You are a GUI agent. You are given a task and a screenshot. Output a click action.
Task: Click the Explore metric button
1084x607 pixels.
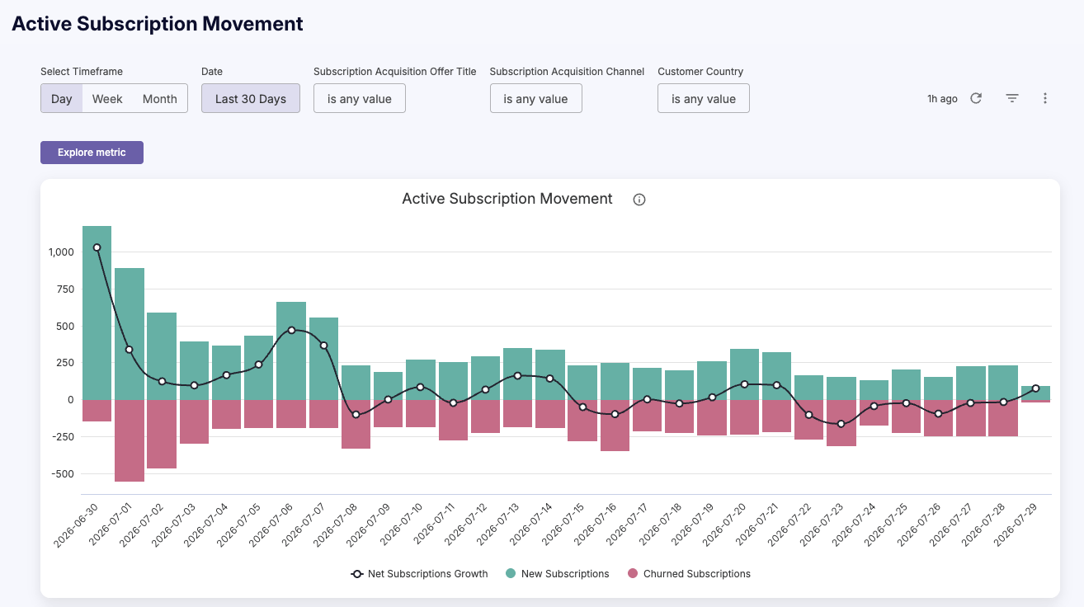tap(92, 153)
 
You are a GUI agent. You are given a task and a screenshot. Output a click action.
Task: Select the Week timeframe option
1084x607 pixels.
tap(107, 99)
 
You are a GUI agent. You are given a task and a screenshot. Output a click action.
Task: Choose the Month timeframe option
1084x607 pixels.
tap(160, 99)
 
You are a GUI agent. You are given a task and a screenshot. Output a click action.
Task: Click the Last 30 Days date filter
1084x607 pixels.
tap(251, 99)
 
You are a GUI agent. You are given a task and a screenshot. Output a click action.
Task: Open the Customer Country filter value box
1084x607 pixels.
tap(703, 99)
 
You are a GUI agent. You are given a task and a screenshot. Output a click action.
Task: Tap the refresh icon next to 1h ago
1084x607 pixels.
tap(976, 98)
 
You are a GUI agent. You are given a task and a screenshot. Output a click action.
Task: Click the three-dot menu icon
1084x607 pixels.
tap(1044, 98)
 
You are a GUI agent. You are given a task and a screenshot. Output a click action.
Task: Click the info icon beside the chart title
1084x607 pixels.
tap(639, 200)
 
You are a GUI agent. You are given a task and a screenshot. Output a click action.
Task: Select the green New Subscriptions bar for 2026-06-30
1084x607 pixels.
tap(97, 313)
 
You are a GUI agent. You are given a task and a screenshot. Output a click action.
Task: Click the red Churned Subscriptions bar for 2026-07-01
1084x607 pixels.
tap(130, 440)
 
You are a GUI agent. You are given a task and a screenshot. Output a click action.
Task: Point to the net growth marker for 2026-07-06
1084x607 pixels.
tap(291, 331)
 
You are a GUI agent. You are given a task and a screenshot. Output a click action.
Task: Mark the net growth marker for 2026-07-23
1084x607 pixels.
tap(841, 424)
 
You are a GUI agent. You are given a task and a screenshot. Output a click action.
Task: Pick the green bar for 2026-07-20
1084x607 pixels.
tap(744, 374)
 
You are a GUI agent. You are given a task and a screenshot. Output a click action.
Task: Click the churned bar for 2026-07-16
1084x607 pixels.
tap(615, 425)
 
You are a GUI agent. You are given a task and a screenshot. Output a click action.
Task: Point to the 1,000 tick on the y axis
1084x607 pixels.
tap(61, 252)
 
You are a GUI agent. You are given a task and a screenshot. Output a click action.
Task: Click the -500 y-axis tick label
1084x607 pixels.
tap(63, 474)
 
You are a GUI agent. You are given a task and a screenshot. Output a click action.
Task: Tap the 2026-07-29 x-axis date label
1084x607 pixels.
tap(1016, 525)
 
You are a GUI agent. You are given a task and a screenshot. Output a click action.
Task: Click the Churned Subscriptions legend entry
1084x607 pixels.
tap(689, 574)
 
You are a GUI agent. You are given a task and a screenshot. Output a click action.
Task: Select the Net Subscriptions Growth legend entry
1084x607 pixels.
tap(419, 574)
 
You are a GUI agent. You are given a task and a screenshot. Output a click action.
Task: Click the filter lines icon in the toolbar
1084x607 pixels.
tap(1012, 98)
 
